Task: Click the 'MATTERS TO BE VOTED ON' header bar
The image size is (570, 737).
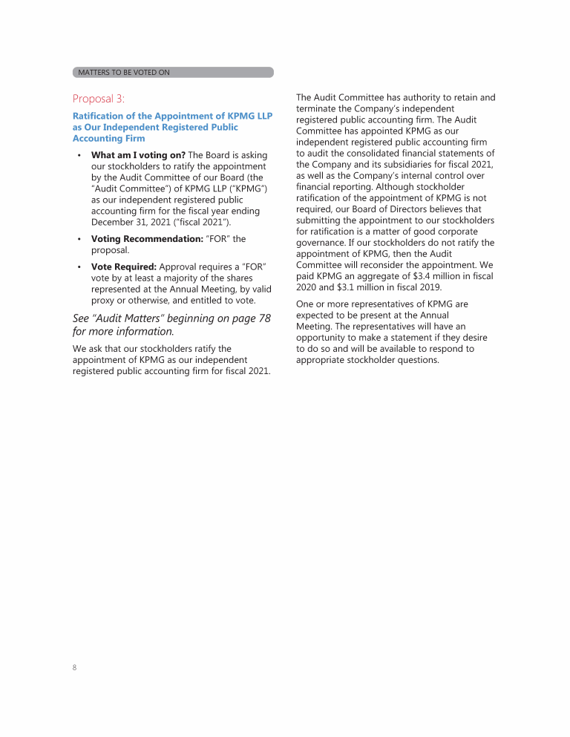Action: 172,72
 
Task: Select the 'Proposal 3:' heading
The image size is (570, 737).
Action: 99,98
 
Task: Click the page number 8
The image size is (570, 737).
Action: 75,667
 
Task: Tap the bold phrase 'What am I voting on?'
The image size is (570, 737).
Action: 138,155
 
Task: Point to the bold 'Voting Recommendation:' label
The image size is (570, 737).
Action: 147,239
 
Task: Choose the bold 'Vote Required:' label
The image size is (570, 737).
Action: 124,266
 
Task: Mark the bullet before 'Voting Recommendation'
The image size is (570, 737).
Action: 79,239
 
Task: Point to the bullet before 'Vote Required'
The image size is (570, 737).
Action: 79,266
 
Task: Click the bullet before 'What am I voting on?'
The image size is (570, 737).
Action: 79,155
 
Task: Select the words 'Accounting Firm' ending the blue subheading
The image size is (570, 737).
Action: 109,138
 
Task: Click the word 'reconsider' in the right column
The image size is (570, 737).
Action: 381,265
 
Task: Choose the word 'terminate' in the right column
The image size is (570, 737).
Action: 318,108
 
